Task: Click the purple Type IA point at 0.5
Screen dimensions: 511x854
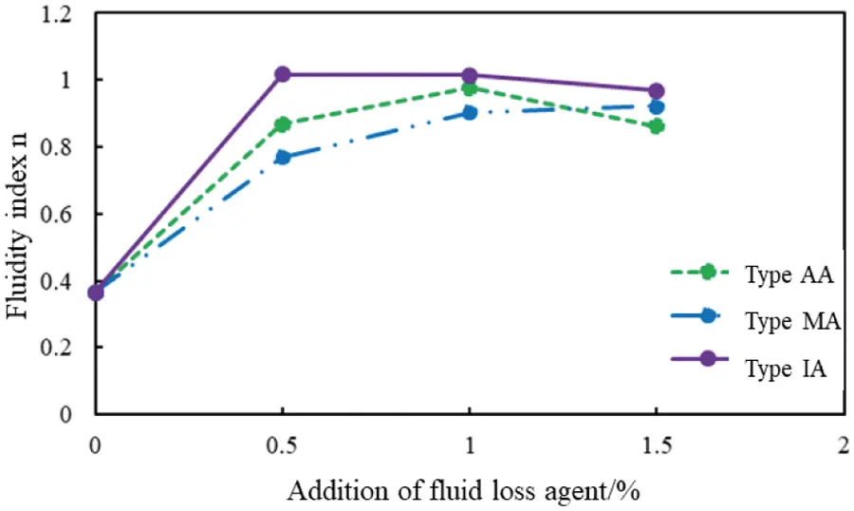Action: [282, 74]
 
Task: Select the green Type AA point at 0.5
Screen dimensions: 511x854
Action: [282, 124]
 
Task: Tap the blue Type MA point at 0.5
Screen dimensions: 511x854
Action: [282, 157]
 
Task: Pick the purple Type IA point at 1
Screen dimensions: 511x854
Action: [469, 75]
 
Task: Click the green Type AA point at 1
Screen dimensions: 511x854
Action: [469, 88]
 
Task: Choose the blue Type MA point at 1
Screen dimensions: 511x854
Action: [469, 112]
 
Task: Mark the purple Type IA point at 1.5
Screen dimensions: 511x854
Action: [656, 91]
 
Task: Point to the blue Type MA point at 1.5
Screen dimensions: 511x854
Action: [656, 107]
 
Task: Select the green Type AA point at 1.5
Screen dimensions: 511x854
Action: [656, 126]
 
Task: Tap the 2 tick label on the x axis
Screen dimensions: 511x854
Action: [842, 445]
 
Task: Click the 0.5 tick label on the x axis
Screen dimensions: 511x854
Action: [282, 445]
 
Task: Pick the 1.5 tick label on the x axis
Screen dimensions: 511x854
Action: [656, 445]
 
